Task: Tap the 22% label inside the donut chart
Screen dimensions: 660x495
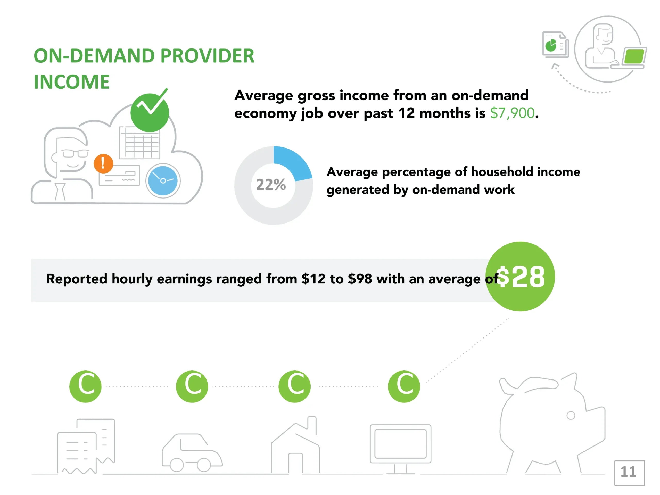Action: [x=271, y=184]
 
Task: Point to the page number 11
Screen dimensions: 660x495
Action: [x=628, y=472]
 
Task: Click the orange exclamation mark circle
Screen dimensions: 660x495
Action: [x=103, y=163]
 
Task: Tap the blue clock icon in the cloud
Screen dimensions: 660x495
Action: [x=163, y=181]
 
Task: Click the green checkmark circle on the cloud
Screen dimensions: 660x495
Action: [x=150, y=112]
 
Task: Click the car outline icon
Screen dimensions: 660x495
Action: [x=192, y=453]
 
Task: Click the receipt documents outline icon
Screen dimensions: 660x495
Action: [x=86, y=446]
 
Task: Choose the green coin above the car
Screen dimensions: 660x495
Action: [x=192, y=386]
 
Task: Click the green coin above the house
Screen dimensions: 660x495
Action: [x=294, y=386]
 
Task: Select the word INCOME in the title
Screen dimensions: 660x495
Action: [x=72, y=82]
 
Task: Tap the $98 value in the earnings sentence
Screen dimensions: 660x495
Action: [x=360, y=279]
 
